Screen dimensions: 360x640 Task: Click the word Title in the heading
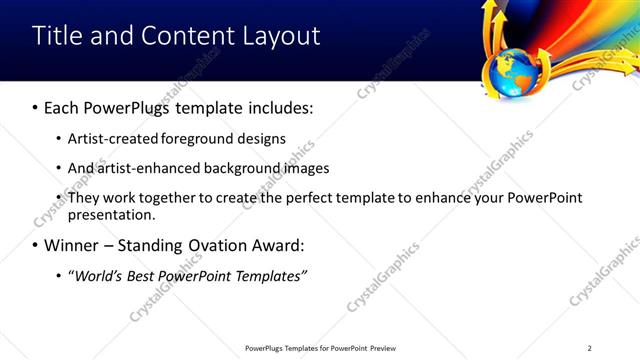[58, 36]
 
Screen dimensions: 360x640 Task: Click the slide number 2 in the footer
[589, 348]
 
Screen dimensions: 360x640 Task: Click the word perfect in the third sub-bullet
[294, 198]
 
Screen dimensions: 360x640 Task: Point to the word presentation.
[111, 215]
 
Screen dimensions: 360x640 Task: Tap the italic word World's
[98, 276]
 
